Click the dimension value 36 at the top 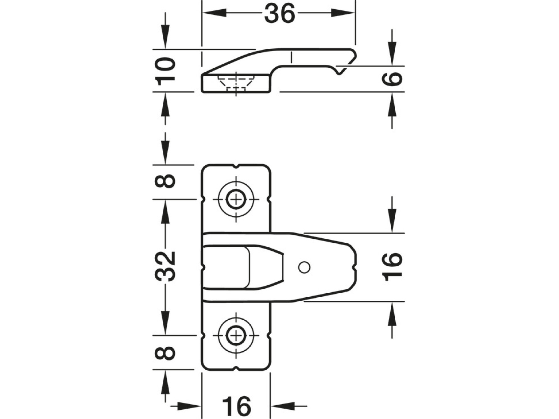pyautogui.click(x=279, y=14)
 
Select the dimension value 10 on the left pyautogui.click(x=166, y=71)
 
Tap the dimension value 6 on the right pyautogui.click(x=393, y=78)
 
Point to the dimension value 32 pyautogui.click(x=166, y=266)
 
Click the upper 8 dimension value pyautogui.click(x=166, y=181)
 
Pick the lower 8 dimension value pyautogui.click(x=166, y=353)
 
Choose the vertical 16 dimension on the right pyautogui.click(x=393, y=267)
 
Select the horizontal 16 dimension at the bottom pyautogui.click(x=236, y=406)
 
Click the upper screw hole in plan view pyautogui.click(x=236, y=199)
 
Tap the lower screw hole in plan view pyautogui.click(x=236, y=336)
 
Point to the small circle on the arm pyautogui.click(x=304, y=267)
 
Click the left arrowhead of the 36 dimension pyautogui.click(x=214, y=13)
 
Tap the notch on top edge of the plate pyautogui.click(x=236, y=166)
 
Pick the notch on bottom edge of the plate pyautogui.click(x=236, y=368)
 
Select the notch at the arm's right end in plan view pyautogui.click(x=354, y=267)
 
